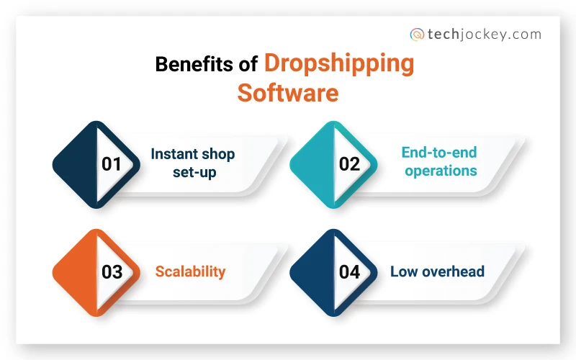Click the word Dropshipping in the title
coord(339,64)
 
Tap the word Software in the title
coord(288,94)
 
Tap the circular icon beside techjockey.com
coord(417,34)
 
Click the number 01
coord(112,163)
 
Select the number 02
coord(349,163)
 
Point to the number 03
coord(112,272)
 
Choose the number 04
coord(349,272)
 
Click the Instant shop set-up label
coord(193,163)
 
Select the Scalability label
coord(191,271)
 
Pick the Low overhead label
coord(437,271)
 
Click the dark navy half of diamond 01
coord(76,163)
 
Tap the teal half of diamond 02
coord(314,163)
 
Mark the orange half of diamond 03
coord(76,272)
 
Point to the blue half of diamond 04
coord(314,272)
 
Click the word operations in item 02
coord(441,171)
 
